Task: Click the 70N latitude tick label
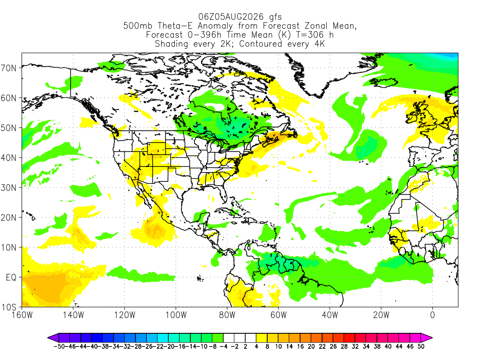pos(8,68)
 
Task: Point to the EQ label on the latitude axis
pos(11,277)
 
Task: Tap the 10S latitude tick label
pos(8,307)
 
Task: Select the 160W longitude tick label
pos(22,315)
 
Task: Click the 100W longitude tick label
pos(176,315)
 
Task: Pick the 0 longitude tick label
pos(432,315)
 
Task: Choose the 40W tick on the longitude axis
pos(330,315)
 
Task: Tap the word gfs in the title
pos(275,17)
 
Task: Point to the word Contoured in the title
pos(261,44)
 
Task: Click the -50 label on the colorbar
pos(59,346)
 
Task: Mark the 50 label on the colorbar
pos(421,346)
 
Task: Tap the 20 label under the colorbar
pos(311,346)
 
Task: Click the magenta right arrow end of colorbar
pos(427,337)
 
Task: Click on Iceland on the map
pos(384,82)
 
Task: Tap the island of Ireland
pos(412,117)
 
